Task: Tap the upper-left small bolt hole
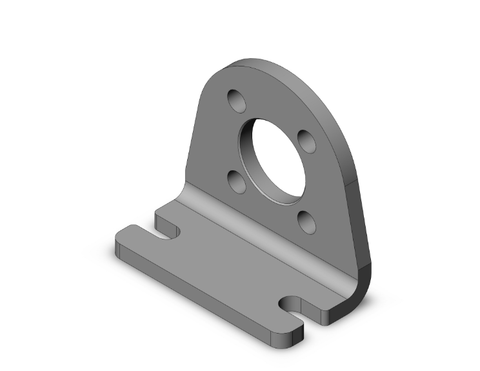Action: [237, 101]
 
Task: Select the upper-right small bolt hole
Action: [305, 141]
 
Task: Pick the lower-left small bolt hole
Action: [237, 181]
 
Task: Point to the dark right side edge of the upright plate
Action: [357, 213]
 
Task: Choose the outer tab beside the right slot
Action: [284, 326]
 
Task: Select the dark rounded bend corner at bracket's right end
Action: [362, 284]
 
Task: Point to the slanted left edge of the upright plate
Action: [192, 142]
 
